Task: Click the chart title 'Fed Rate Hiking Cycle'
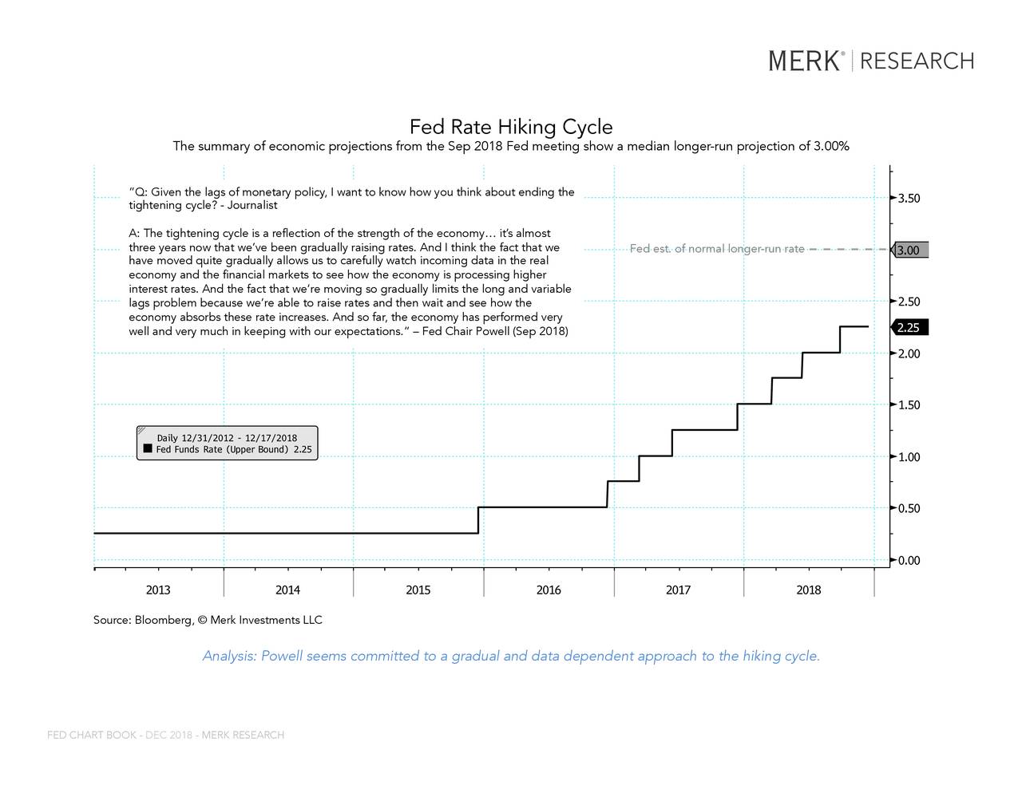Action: (x=511, y=127)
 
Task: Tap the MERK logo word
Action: (x=804, y=61)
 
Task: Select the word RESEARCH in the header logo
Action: (x=917, y=61)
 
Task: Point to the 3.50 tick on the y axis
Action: (x=909, y=199)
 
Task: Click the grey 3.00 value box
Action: (x=909, y=251)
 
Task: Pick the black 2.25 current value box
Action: (x=909, y=328)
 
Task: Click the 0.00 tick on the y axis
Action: (x=909, y=561)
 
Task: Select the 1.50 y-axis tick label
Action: (x=909, y=405)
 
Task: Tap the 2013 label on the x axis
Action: (x=158, y=590)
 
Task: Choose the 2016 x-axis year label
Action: (x=549, y=590)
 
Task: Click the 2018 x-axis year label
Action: (x=808, y=590)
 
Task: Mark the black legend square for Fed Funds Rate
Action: (x=148, y=449)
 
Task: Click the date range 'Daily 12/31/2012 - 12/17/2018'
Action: (x=227, y=438)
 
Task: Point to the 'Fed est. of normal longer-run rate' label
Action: (x=717, y=249)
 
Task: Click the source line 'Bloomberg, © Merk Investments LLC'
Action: (x=228, y=620)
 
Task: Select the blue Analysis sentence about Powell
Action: (x=511, y=656)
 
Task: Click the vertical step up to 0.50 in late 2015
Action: (x=478, y=520)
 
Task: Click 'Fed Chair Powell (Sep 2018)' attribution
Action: (x=495, y=331)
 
